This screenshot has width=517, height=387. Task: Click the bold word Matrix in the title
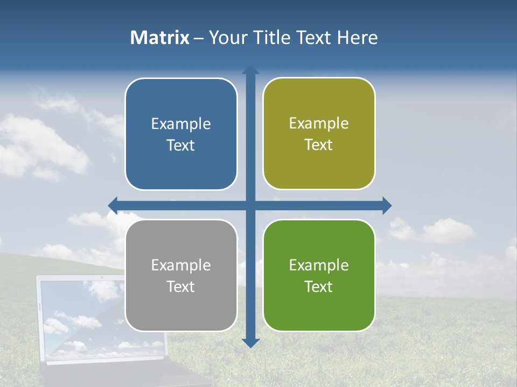click(x=159, y=38)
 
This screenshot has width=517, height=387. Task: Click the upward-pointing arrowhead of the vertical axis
click(x=250, y=70)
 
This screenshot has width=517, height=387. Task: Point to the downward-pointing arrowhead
click(x=250, y=343)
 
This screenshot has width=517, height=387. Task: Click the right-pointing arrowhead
click(x=387, y=205)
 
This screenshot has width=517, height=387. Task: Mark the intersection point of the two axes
click(x=250, y=205)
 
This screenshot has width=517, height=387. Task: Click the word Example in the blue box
click(x=181, y=124)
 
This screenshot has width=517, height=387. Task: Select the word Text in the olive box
click(x=319, y=145)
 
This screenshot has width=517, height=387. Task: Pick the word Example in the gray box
click(x=181, y=265)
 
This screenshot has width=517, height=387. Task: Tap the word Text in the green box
click(x=319, y=286)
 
